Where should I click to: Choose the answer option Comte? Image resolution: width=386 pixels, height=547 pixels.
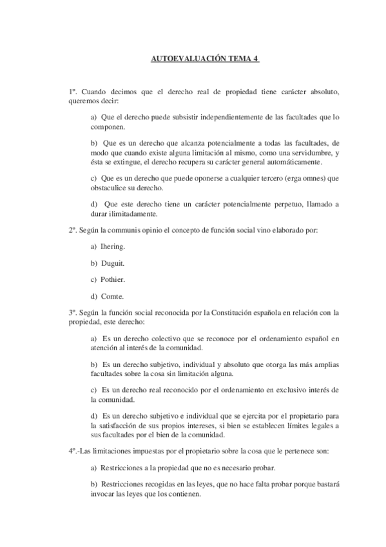click(x=111, y=296)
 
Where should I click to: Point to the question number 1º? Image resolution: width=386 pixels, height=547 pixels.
click(x=73, y=92)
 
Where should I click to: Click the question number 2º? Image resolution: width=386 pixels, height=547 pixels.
click(x=73, y=230)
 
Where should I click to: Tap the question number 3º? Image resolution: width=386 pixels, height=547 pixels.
click(x=73, y=312)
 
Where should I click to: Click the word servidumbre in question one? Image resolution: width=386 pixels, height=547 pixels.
click(x=312, y=152)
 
